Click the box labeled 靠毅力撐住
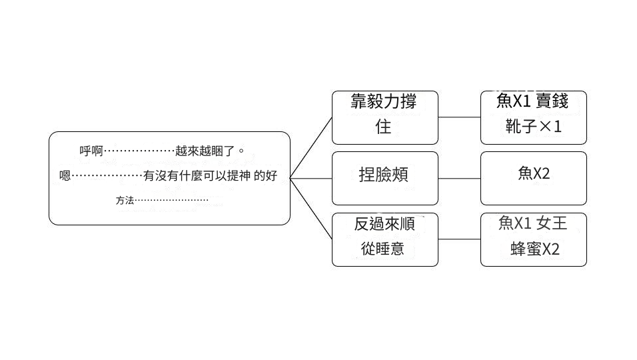[x=385, y=117]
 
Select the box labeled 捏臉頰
[x=385, y=178]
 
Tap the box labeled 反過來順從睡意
[x=385, y=239]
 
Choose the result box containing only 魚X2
[x=533, y=178]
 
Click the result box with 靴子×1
[x=533, y=117]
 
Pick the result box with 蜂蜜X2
[x=533, y=239]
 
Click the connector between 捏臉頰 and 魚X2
[x=459, y=179]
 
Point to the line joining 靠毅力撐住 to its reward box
[x=459, y=117]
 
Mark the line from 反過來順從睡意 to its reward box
[x=459, y=239]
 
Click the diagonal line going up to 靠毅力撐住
[x=312, y=147]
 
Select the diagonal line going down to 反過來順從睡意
[x=312, y=209]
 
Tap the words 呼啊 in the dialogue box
[x=91, y=151]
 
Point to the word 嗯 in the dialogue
[x=65, y=177]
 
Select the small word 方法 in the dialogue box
[x=125, y=200]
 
